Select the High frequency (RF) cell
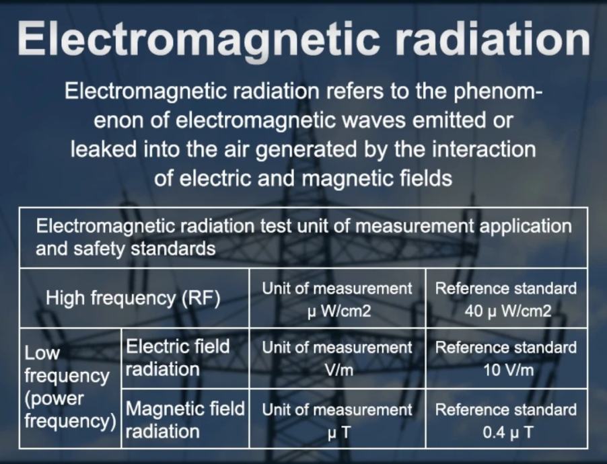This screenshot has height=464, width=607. click(133, 299)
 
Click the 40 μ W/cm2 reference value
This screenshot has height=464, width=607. click(507, 311)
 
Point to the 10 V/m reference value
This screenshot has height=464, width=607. click(508, 371)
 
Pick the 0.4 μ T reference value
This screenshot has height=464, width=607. click(507, 432)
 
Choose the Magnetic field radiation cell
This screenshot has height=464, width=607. click(185, 420)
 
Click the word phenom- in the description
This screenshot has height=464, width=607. click(497, 92)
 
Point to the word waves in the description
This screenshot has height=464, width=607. click(367, 120)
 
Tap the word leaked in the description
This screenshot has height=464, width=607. click(104, 149)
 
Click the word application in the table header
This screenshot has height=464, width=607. click(526, 227)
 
